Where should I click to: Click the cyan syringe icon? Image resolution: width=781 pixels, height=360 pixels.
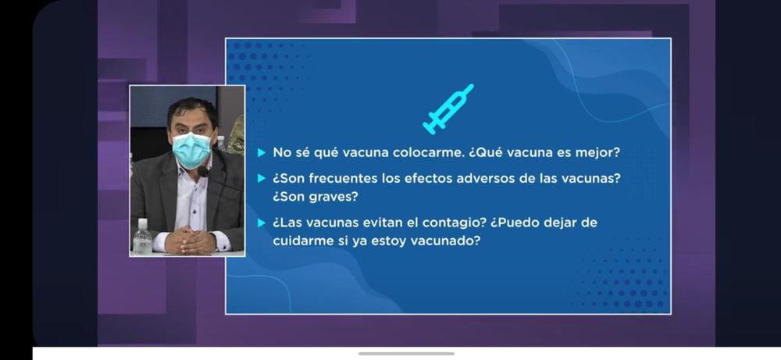click(x=448, y=109)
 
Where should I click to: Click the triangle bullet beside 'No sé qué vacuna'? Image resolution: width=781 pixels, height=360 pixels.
click(x=262, y=152)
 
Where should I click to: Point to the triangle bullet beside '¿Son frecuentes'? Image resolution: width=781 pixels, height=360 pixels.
click(x=262, y=178)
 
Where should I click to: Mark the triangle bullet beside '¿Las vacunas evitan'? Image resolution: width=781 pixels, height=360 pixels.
click(x=262, y=223)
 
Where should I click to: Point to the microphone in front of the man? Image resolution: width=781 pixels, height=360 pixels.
click(x=203, y=171)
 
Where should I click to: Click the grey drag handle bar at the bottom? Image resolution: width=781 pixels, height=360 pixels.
click(x=406, y=354)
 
